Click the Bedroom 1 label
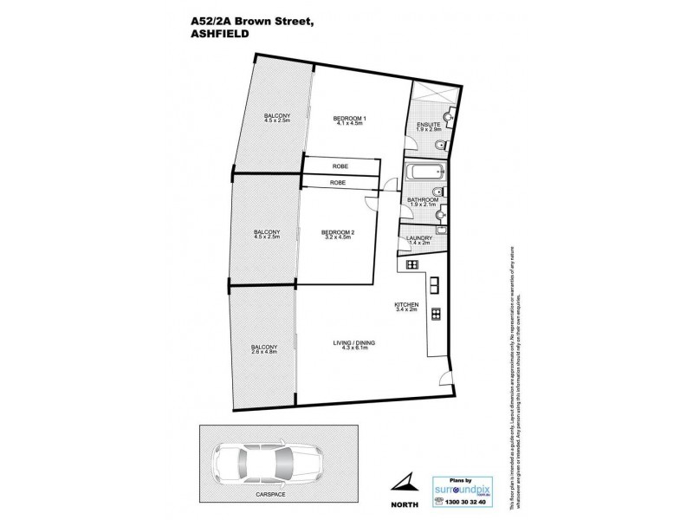353,121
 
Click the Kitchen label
407,308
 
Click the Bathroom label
422,202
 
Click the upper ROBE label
339,166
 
